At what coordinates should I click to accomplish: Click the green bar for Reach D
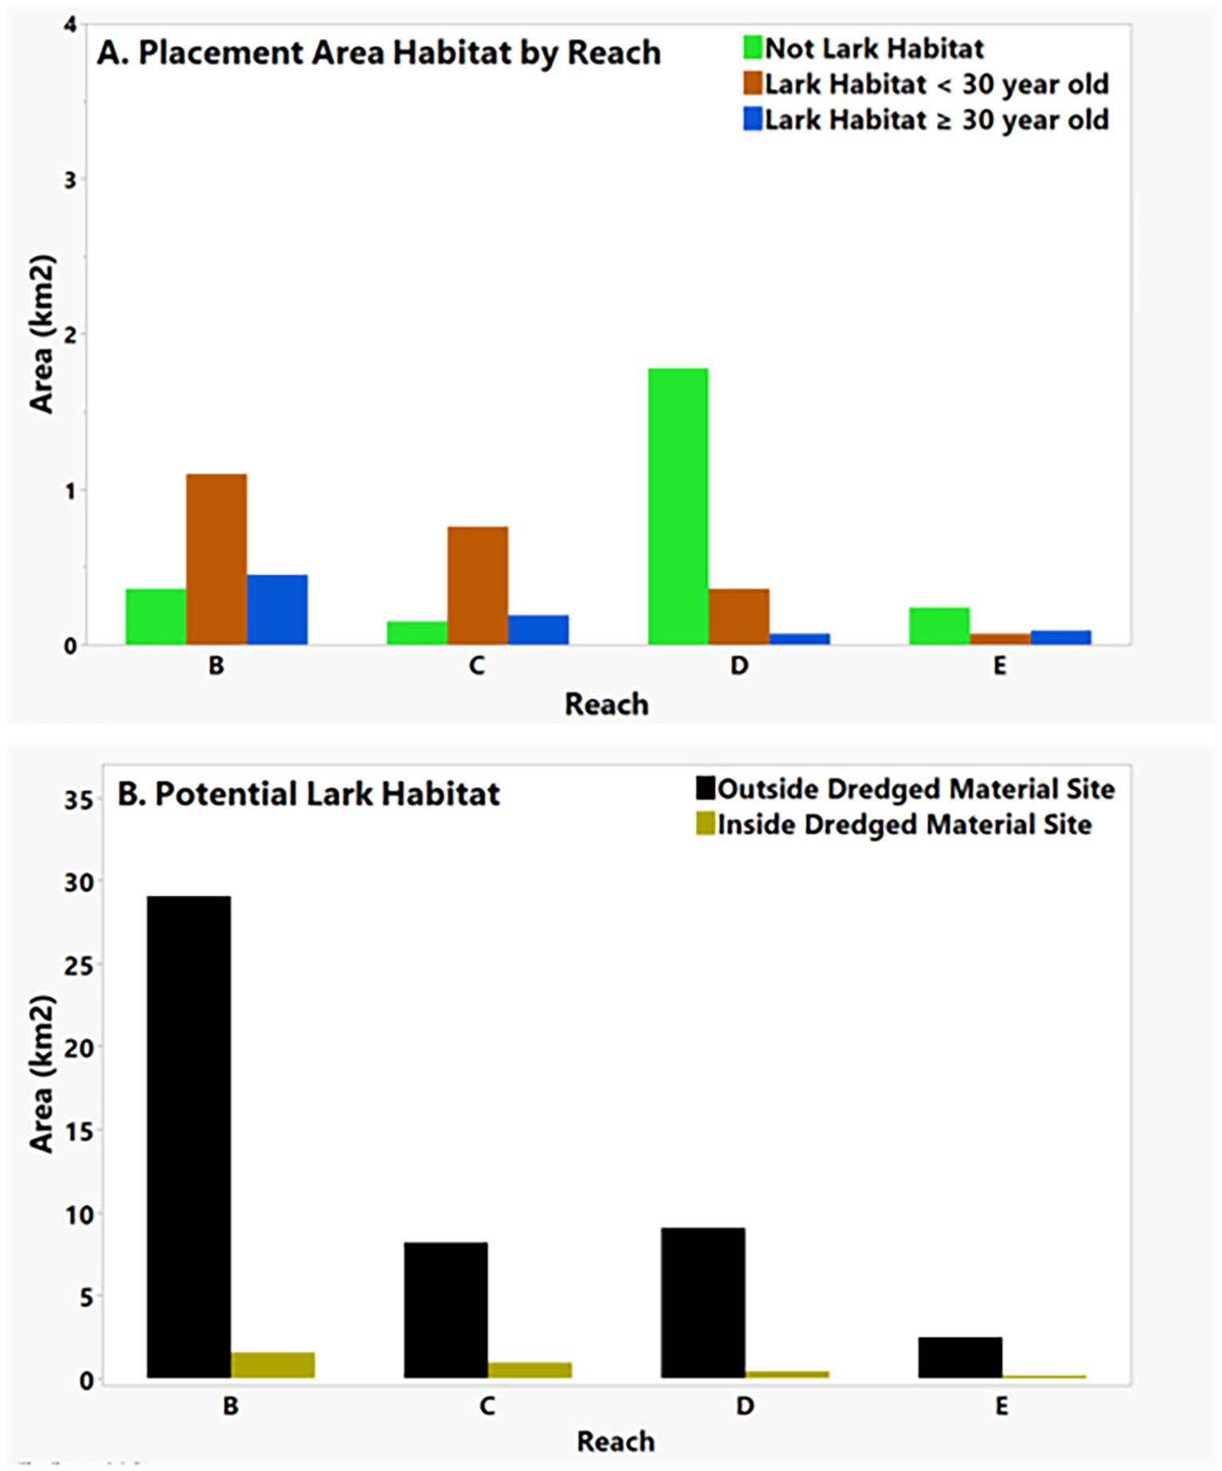pos(678,506)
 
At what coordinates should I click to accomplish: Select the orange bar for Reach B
pos(217,559)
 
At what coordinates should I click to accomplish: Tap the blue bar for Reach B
pos(277,609)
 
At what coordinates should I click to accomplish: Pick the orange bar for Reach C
pos(478,585)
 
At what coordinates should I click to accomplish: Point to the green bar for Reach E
pos(939,626)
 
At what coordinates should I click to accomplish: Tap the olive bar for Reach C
pos(529,1370)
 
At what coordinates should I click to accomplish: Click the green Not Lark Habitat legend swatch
pos(752,48)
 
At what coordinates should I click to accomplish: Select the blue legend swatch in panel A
pos(752,119)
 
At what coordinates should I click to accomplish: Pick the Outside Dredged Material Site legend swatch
pos(705,788)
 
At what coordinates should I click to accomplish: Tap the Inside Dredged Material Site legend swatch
pos(705,824)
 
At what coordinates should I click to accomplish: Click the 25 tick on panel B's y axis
pos(78,964)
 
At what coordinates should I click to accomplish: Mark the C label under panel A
pos(477,666)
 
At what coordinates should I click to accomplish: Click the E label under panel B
pos(1001,1406)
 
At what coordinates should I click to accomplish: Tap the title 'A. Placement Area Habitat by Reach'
pos(379,53)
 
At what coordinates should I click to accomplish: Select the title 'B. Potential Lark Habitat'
pos(309,794)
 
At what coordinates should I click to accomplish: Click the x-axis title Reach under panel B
pos(615,1442)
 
